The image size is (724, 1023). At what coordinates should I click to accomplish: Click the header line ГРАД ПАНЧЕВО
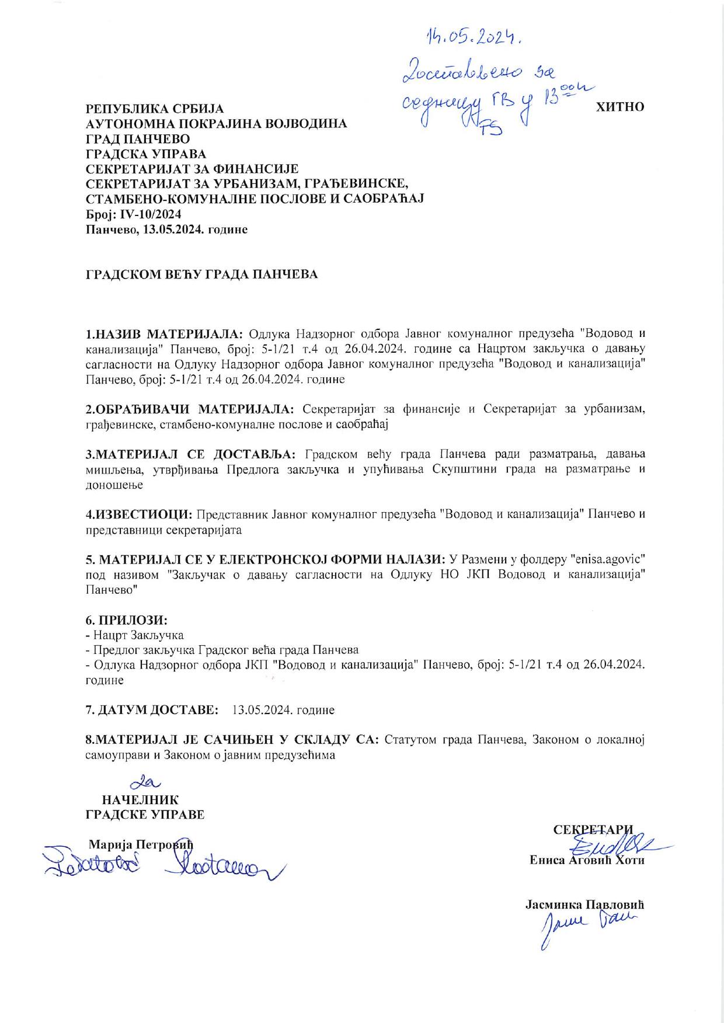(x=138, y=139)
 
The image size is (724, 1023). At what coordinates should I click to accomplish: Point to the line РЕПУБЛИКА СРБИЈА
(x=155, y=109)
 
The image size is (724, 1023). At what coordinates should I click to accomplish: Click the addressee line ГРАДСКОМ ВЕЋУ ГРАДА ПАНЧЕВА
(x=202, y=274)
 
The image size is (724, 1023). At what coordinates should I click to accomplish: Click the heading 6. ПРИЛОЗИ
(x=127, y=620)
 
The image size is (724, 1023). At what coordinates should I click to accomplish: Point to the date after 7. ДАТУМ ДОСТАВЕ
(x=283, y=710)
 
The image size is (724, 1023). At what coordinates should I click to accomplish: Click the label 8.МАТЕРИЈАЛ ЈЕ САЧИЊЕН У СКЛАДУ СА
(x=232, y=740)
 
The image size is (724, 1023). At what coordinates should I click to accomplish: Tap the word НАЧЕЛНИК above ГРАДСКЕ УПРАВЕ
(x=140, y=800)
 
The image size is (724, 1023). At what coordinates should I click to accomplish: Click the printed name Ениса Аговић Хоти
(x=587, y=860)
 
